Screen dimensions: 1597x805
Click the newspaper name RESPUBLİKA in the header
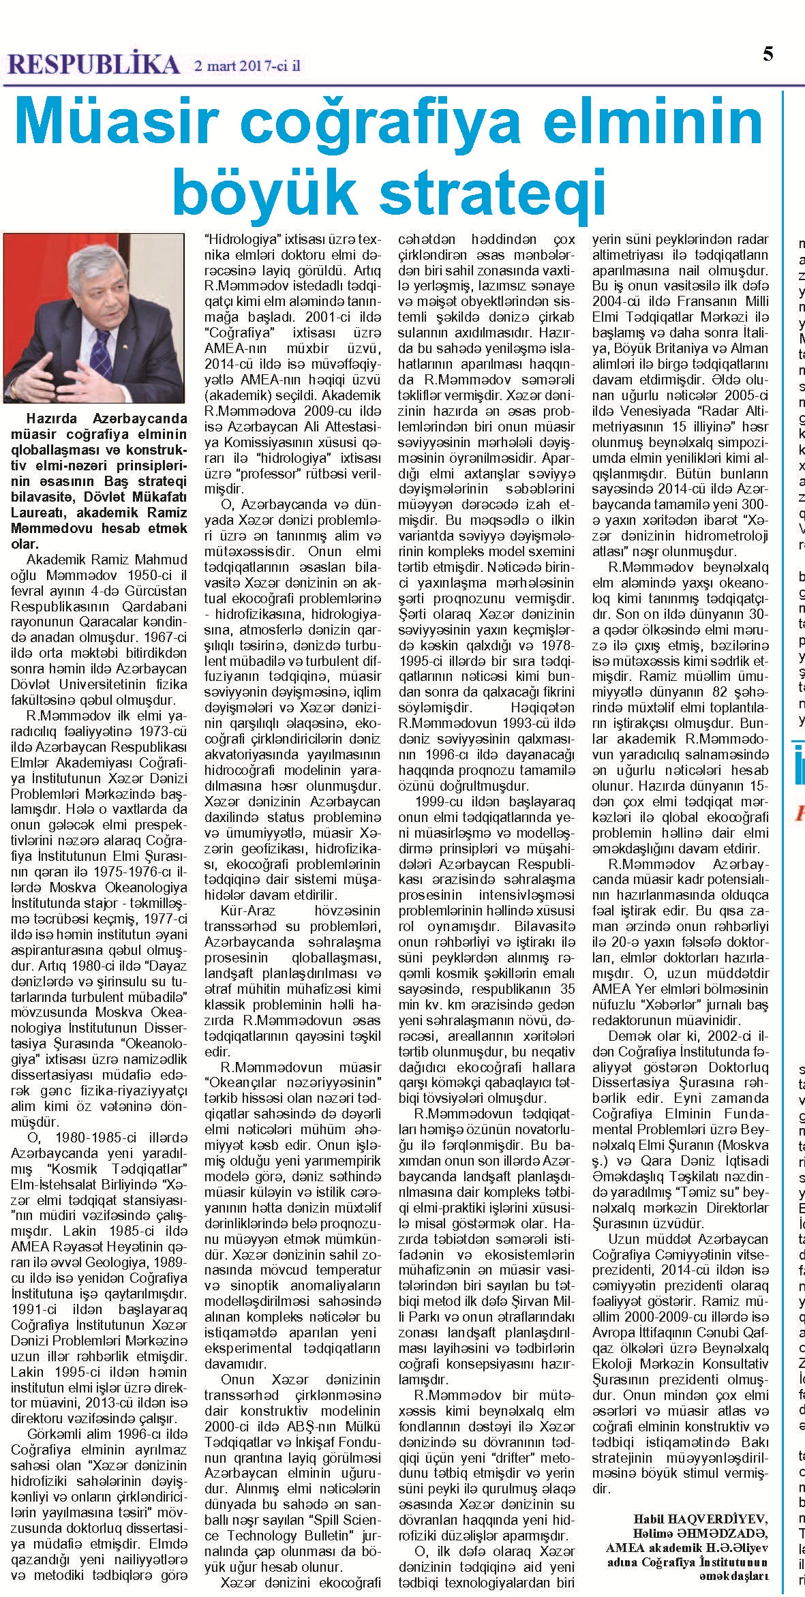[x=93, y=64]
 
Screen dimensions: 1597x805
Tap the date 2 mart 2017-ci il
[x=247, y=66]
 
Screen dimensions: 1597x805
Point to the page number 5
[x=768, y=55]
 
